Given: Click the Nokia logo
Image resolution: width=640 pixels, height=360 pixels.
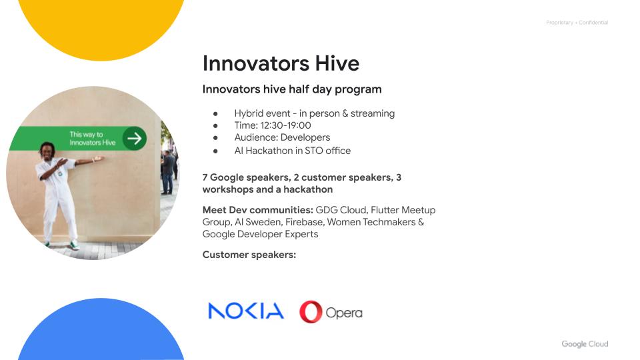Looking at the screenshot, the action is [246, 311].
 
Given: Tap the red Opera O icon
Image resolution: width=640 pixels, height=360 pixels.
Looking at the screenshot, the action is [311, 312].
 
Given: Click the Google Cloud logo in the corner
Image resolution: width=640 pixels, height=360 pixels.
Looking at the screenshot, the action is [585, 344].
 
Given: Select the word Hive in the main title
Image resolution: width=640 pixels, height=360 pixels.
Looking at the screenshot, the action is [337, 63].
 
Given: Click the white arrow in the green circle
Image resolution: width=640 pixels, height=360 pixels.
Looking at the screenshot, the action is [134, 139].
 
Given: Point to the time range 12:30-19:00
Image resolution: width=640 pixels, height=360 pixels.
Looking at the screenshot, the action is [285, 125].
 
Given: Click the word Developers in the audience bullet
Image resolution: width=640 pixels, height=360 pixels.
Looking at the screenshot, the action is [305, 137].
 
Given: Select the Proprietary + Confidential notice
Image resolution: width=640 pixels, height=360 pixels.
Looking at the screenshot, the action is [577, 23].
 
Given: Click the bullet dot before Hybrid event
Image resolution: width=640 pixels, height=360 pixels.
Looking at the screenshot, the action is [215, 114].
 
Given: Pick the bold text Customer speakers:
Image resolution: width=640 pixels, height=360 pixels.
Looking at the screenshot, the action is [249, 255].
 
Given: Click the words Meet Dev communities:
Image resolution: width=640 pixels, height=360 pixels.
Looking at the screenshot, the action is [257, 210].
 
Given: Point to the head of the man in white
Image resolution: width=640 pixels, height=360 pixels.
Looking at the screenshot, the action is [48, 150].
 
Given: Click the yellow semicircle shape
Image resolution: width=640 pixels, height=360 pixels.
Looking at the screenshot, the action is [101, 29].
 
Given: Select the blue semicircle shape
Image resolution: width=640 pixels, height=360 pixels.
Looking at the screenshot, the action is [101, 331].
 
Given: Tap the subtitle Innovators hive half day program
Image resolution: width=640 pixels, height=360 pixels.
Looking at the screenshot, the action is [292, 89].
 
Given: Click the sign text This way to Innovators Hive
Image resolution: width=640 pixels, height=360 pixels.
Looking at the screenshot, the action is [92, 139].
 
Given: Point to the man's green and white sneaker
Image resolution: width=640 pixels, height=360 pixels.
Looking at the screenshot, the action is [74, 246].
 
